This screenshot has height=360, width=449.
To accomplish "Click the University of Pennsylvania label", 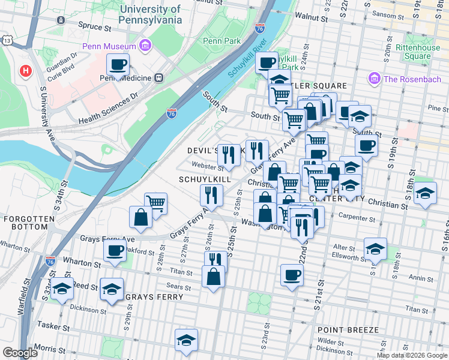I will (x=151, y=14).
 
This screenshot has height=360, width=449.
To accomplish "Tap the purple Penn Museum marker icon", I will (x=145, y=46).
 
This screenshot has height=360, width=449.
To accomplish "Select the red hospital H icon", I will (x=25, y=71).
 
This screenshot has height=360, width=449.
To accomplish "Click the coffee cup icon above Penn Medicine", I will (x=118, y=64).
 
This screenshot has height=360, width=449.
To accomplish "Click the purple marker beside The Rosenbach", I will (x=375, y=79).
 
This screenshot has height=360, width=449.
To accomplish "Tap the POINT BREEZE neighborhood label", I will (x=348, y=330).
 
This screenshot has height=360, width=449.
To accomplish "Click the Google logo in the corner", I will (x=20, y=353).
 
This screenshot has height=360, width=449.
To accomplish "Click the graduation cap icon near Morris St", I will (x=186, y=340).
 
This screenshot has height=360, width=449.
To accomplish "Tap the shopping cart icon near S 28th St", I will (x=155, y=203).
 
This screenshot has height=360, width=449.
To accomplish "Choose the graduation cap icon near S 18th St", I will (x=425, y=192).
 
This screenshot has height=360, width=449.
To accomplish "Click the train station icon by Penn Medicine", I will (x=158, y=77).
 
